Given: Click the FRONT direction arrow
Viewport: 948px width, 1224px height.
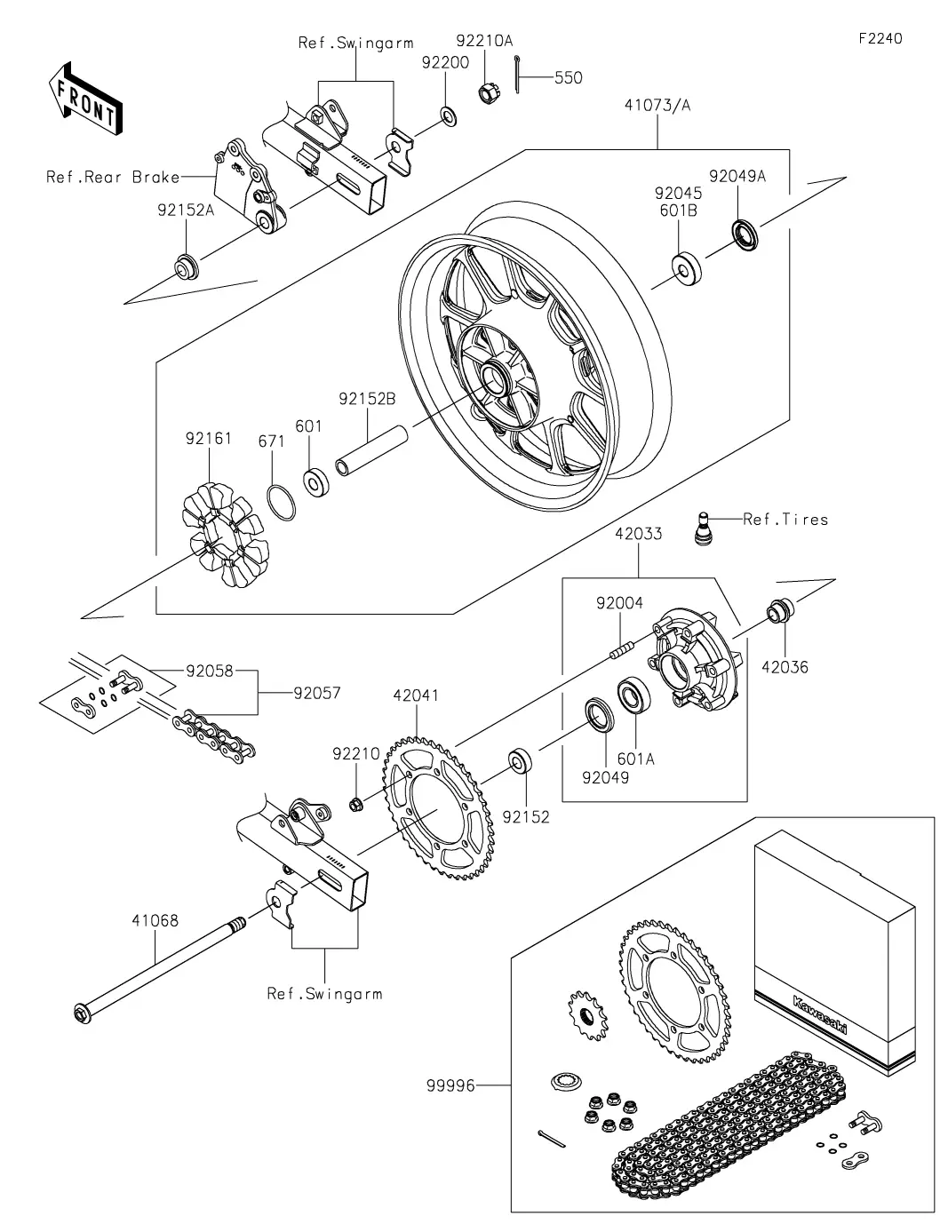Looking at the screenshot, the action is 84,99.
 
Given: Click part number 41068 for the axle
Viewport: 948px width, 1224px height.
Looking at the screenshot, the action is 155,920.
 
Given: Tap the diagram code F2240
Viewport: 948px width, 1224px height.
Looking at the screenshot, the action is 880,38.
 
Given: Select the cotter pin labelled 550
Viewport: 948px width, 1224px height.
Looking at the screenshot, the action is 517,74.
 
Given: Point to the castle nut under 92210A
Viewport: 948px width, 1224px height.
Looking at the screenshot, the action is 488,92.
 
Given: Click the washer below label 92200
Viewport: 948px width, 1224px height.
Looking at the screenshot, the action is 449,118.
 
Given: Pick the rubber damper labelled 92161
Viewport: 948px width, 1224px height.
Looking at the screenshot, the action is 226,535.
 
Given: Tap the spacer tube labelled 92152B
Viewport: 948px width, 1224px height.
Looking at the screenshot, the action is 371,450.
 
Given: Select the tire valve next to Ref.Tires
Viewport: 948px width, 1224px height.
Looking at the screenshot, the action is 703,529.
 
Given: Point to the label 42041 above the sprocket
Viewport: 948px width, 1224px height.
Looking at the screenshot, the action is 416,695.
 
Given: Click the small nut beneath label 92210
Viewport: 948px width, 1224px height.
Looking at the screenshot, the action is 355,805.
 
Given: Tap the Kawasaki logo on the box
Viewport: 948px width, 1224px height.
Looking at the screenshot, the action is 819,1013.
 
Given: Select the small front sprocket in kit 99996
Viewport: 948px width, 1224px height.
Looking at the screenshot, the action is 587,1014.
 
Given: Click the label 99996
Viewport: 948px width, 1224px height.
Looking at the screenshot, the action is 450,1085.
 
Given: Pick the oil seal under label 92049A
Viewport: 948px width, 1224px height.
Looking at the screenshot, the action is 745,234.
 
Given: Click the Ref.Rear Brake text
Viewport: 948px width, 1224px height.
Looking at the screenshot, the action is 113,177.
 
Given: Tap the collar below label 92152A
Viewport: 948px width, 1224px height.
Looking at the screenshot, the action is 186,267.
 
